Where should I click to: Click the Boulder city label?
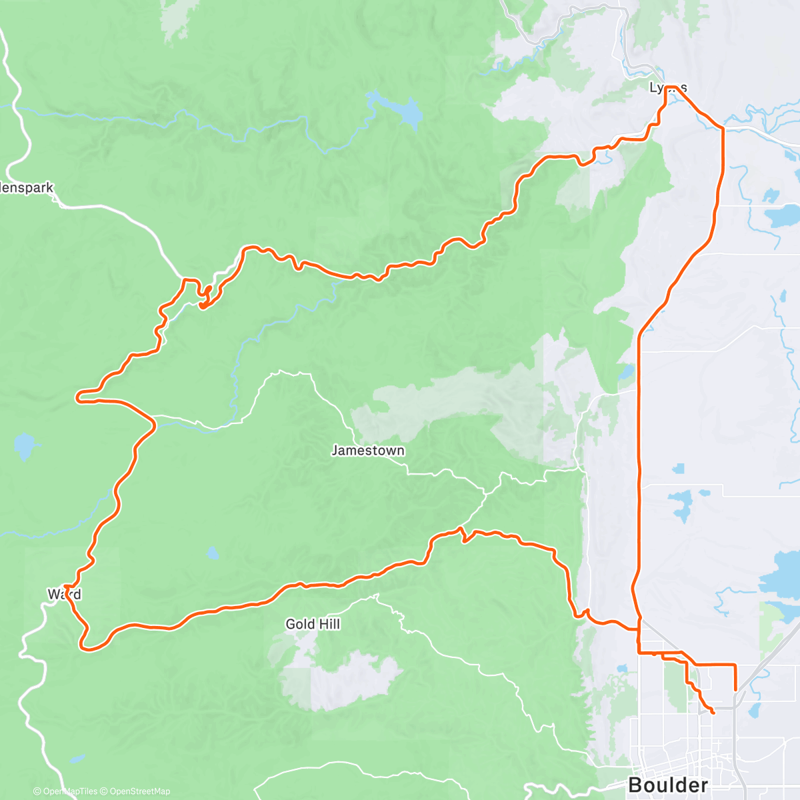(668, 785)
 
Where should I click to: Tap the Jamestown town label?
(368, 451)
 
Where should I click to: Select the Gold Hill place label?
(313, 624)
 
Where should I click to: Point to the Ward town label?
(64, 593)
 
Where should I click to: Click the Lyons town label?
(668, 87)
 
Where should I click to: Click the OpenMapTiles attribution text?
(69, 791)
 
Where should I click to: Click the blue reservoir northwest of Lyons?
(404, 112)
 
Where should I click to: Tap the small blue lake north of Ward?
(24, 445)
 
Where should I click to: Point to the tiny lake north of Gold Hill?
(212, 553)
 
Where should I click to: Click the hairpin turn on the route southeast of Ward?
(85, 645)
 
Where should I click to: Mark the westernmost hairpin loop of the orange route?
(79, 397)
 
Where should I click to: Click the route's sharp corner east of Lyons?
(722, 128)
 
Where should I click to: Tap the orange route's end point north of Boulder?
(713, 713)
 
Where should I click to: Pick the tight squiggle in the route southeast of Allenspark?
(205, 297)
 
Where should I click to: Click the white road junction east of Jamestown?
(485, 493)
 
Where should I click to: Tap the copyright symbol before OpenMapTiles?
(37, 791)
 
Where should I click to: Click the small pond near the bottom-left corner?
(77, 758)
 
